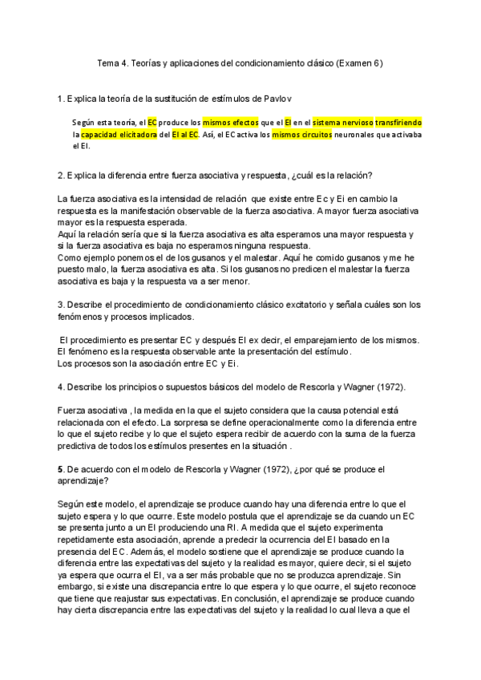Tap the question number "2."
[x=62, y=176]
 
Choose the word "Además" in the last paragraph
[x=98, y=552]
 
